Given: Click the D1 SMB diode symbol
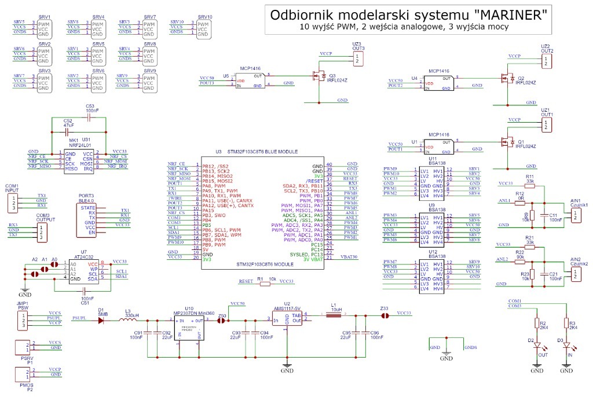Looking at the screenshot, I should tap(102, 319).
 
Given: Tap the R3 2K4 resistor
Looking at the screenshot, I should tap(566, 325).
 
